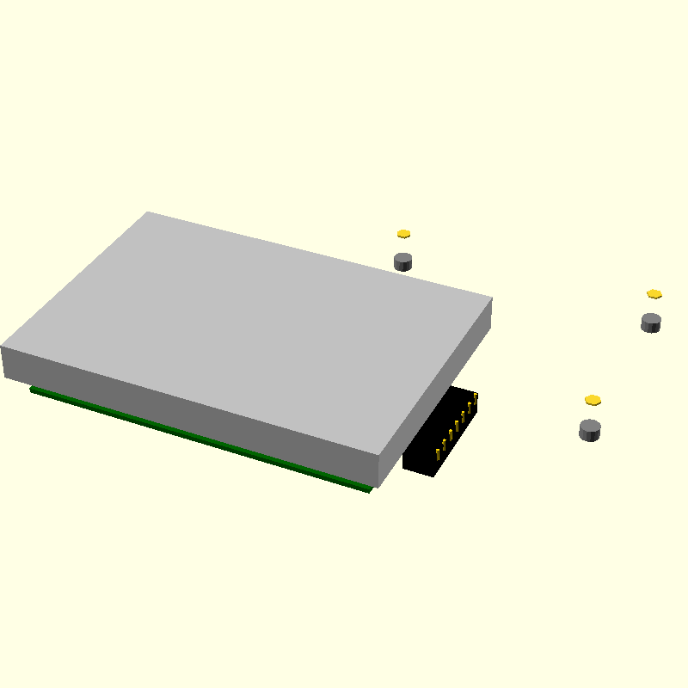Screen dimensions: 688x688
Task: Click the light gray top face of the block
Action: pyautogui.click(x=249, y=327)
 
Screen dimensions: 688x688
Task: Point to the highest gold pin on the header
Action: pyautogui.click(x=476, y=397)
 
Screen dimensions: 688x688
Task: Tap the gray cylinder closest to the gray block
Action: pyautogui.click(x=403, y=261)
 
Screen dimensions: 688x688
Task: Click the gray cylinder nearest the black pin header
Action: pyautogui.click(x=590, y=430)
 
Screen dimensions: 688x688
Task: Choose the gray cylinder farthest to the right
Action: pyautogui.click(x=651, y=322)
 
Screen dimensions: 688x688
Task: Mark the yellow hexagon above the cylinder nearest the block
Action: pyautogui.click(x=404, y=234)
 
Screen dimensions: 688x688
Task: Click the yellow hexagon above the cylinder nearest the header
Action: pyautogui.click(x=593, y=400)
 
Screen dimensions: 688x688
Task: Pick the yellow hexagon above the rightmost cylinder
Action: pyautogui.click(x=654, y=294)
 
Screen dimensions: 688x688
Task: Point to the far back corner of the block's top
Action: pyautogui.click(x=149, y=212)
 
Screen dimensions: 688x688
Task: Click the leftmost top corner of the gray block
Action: pyautogui.click(x=3, y=347)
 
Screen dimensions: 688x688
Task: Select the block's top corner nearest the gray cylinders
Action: pyautogui.click(x=490, y=299)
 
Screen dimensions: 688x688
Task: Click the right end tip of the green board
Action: pyautogui.click(x=371, y=490)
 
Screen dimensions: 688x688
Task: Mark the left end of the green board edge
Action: pyautogui.click(x=32, y=390)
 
